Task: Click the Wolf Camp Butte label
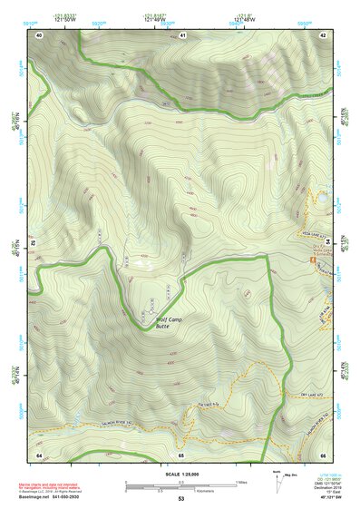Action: pyautogui.click(x=170, y=322)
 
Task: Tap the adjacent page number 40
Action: pyautogui.click(x=39, y=34)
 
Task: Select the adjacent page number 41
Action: pyautogui.click(x=182, y=34)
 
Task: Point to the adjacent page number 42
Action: pyautogui.click(x=323, y=34)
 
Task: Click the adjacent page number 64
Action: pyautogui.click(x=39, y=453)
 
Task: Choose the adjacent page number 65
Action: pyautogui.click(x=181, y=453)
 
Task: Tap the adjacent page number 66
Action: pyautogui.click(x=323, y=453)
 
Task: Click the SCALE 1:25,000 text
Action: pyautogui.click(x=180, y=472)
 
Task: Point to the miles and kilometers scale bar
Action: pyautogui.click(x=180, y=485)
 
